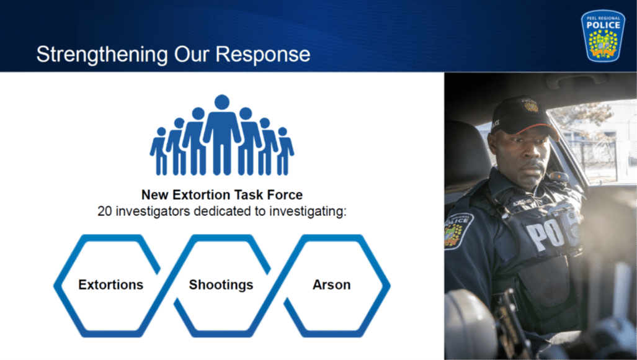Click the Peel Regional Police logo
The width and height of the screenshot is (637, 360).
603,36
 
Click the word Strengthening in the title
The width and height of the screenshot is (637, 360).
102,55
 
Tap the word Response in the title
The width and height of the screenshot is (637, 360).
263,55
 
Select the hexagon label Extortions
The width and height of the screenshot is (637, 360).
110,285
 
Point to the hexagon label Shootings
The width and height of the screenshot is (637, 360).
221,286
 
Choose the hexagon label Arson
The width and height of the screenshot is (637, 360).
331,285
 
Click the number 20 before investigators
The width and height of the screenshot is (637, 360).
104,211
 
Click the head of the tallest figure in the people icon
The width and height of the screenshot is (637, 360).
222,102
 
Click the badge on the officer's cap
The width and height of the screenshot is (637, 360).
530,106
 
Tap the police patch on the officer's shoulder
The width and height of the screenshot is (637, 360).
458,230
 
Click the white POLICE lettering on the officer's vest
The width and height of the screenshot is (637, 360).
553,232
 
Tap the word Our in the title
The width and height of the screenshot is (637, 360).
192,55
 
